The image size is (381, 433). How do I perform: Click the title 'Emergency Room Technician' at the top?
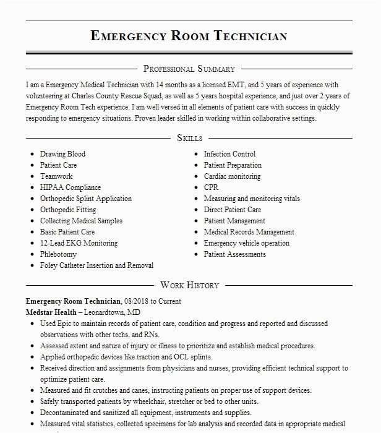[x=189, y=36]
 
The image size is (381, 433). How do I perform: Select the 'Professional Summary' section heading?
[x=189, y=69]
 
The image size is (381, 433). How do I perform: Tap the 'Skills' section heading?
[x=189, y=138]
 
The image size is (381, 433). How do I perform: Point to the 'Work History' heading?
[x=189, y=285]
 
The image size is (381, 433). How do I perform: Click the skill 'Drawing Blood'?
[x=62, y=154]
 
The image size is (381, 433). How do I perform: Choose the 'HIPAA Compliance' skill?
[x=71, y=187]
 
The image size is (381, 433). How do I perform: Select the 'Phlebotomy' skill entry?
[x=59, y=254]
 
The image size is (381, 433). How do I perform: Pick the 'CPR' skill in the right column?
[x=211, y=187]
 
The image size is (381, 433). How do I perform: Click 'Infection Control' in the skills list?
[x=229, y=154]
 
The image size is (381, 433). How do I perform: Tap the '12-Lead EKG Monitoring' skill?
[x=79, y=243]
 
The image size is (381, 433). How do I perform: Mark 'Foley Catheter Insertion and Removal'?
[x=96, y=265]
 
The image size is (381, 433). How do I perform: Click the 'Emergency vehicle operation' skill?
[x=246, y=243]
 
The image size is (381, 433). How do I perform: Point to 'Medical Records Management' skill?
[x=249, y=232]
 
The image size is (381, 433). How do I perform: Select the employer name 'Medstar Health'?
[x=51, y=312]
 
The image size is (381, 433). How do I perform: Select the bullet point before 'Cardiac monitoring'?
[x=197, y=176]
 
